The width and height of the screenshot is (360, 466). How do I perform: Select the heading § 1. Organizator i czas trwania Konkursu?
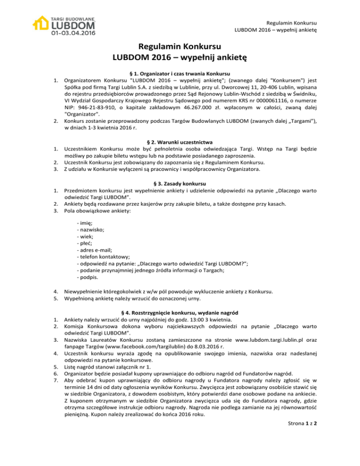(x=180, y=74)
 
